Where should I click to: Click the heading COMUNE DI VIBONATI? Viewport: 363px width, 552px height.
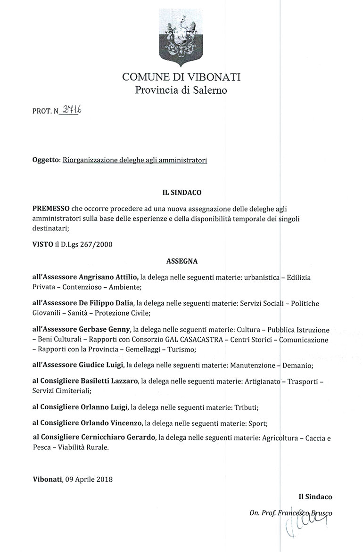181,77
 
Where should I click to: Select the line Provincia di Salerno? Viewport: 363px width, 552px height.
181,90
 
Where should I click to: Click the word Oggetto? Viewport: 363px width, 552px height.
46,160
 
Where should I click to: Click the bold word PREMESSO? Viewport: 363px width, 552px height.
51,208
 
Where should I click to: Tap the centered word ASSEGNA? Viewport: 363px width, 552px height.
181,260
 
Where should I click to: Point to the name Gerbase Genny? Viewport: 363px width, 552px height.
103,328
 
